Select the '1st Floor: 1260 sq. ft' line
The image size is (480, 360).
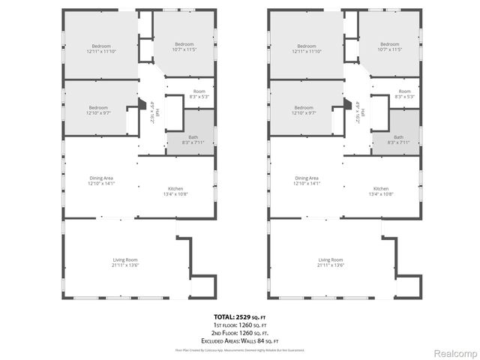pos(239,325)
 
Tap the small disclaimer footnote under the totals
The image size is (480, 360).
pos(239,349)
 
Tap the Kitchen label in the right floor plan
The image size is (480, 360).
pos(381,190)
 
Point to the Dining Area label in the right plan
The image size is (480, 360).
pos(307,180)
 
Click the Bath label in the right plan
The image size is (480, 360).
pos(398,139)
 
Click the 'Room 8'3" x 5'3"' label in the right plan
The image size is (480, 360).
pos(403,94)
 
